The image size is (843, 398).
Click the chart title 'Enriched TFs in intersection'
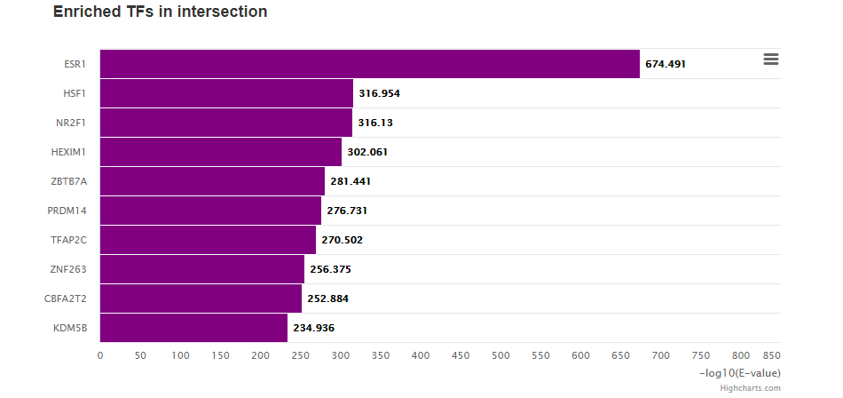[x=160, y=12]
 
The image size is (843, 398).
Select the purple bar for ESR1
[x=369, y=64]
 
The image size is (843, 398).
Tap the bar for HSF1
[x=226, y=93]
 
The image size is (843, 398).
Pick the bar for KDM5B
[x=193, y=328]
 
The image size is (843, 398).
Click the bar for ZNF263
[x=201, y=269]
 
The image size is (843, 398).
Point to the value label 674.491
[x=666, y=64]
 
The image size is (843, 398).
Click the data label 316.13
[x=379, y=123]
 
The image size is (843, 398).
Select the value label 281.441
[x=351, y=181]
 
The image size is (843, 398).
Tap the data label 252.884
[x=327, y=298]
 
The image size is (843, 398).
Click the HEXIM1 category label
[x=69, y=152]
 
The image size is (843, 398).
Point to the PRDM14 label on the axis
[x=67, y=211]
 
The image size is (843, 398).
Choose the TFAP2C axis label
[x=69, y=240]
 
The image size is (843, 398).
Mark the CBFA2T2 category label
[x=66, y=298]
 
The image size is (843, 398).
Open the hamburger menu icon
[x=771, y=59]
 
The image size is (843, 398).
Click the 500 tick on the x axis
[x=500, y=355]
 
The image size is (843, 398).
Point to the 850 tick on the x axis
[x=771, y=355]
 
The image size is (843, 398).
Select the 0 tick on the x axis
[x=100, y=355]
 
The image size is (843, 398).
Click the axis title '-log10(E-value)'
[x=740, y=372]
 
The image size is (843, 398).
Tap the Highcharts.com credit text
[x=750, y=388]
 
